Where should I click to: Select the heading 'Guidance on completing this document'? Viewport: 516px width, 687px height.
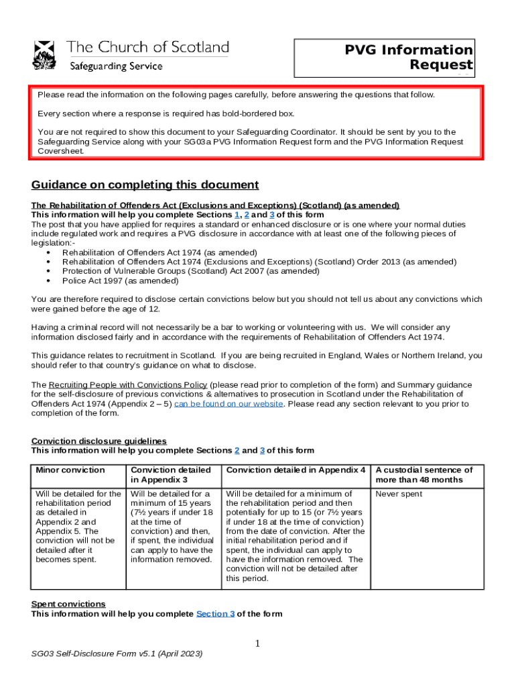click(x=145, y=185)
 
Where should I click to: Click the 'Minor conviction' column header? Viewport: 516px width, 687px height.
click(x=70, y=470)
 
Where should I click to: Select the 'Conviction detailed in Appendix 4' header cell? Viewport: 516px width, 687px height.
click(x=296, y=470)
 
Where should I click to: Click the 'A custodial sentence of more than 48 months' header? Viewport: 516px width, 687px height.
click(x=424, y=475)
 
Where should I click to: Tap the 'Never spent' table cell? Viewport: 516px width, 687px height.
click(x=399, y=494)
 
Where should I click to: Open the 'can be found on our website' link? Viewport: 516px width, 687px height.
click(x=229, y=404)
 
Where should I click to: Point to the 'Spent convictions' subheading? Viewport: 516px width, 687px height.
click(x=68, y=604)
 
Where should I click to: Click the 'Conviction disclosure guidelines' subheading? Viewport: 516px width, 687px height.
click(x=99, y=441)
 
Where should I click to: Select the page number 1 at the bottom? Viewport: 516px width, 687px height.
click(x=257, y=644)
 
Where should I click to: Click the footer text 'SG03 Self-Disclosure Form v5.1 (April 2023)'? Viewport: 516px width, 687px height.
click(x=112, y=653)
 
